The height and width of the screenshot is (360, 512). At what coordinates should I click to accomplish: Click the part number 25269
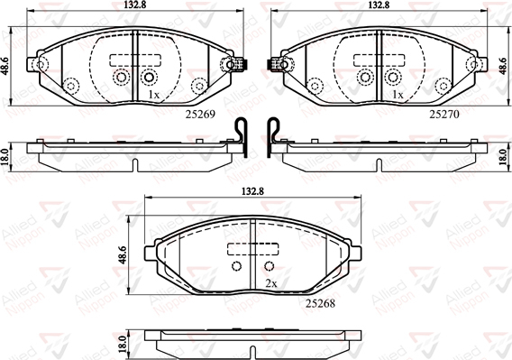coord(200,114)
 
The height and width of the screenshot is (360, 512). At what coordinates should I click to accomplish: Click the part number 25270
coord(444,114)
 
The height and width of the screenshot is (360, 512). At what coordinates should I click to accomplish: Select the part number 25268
coord(320,303)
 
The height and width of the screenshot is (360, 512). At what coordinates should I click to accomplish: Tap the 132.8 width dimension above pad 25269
coord(134,5)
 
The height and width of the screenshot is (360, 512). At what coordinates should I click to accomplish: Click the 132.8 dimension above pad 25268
coord(252,191)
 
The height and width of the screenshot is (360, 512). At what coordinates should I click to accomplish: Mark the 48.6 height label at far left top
coord(5,67)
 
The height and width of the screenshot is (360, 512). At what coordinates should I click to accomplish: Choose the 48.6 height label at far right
coord(507,67)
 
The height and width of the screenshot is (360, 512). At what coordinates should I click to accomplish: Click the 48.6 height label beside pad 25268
coord(123,255)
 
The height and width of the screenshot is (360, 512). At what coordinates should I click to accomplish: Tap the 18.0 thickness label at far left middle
coord(5,157)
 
